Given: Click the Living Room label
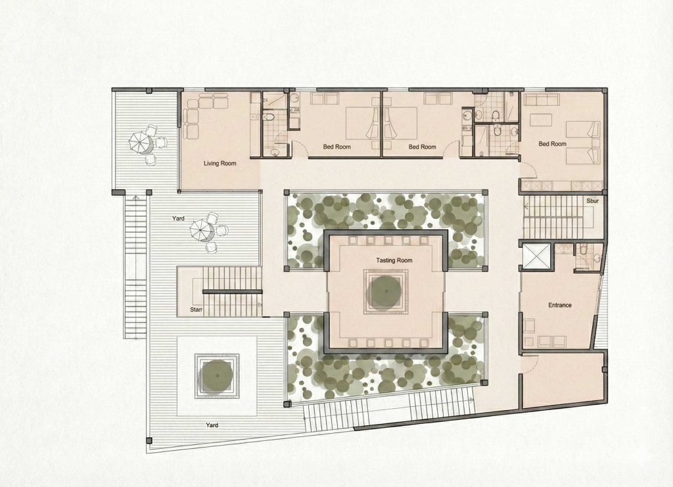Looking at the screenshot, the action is click(x=220, y=164).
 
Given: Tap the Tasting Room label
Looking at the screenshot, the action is click(x=394, y=260).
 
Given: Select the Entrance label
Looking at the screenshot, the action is click(x=560, y=306).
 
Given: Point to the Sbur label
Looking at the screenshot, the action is click(x=592, y=201).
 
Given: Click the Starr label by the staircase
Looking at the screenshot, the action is click(x=196, y=310).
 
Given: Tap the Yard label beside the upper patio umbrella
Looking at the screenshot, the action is click(x=178, y=218).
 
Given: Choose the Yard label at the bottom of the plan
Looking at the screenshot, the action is click(x=212, y=425).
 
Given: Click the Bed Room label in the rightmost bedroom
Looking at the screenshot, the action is click(x=552, y=144).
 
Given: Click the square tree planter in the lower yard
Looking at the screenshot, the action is click(x=217, y=376).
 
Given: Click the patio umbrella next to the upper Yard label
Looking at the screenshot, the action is click(x=202, y=230).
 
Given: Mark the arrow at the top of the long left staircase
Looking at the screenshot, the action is click(x=136, y=198).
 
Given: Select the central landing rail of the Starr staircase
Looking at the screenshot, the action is click(x=232, y=292).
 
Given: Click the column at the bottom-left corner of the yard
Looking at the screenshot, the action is click(x=149, y=440).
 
